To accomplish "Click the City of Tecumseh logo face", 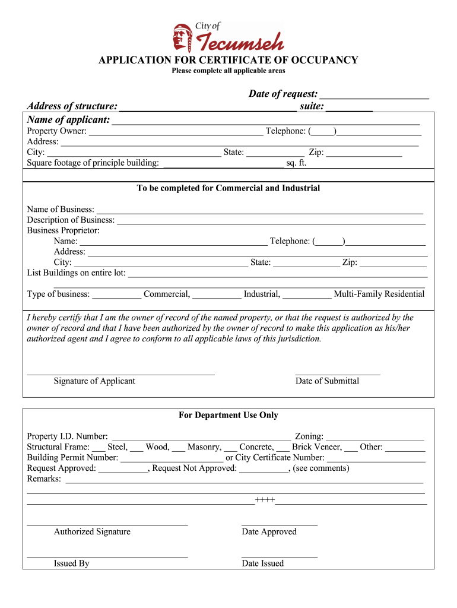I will click(x=180, y=37).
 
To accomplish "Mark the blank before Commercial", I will click(x=117, y=296).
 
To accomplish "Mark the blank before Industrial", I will click(x=217, y=296).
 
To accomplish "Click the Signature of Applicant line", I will click(x=120, y=373).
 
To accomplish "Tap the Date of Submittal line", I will click(x=338, y=373).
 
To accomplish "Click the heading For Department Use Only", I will click(x=228, y=416).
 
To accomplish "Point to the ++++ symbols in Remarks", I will click(x=265, y=500).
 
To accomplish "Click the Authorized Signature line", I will click(x=107, y=524).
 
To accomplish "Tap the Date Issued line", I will click(x=280, y=556).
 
